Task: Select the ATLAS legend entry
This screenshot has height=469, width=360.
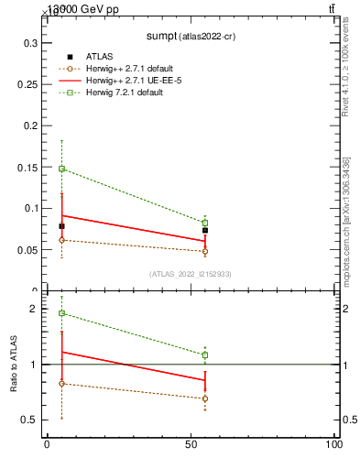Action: click(x=99, y=56)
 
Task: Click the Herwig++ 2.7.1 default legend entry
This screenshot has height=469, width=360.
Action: click(x=128, y=68)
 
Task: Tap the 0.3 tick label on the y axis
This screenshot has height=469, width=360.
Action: click(x=30, y=43)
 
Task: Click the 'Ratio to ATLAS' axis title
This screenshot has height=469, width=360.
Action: click(x=14, y=365)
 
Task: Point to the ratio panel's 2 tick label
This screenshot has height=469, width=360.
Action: click(x=35, y=310)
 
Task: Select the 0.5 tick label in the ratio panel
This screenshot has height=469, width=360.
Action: click(x=30, y=420)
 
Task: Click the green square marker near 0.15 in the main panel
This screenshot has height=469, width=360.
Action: click(x=61, y=169)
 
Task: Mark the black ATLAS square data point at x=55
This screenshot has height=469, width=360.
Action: click(x=205, y=231)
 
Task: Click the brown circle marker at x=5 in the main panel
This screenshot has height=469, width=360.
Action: click(x=61, y=240)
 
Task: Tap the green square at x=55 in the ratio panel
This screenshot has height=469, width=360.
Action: click(x=205, y=354)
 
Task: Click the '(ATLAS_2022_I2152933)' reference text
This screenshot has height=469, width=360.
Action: click(x=190, y=274)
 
